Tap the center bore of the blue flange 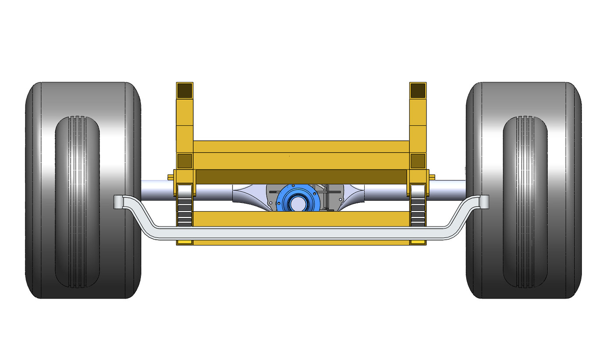pos(298,202)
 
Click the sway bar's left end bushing pos(119,202)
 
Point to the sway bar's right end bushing pos(483,202)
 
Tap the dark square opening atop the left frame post pos(184,90)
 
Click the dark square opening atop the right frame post pos(418,90)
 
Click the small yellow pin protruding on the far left pos(170,177)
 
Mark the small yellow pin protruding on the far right pos(432,177)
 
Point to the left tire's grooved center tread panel pos(78,202)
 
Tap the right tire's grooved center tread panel pos(525,202)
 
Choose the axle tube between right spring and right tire pos(447,188)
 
